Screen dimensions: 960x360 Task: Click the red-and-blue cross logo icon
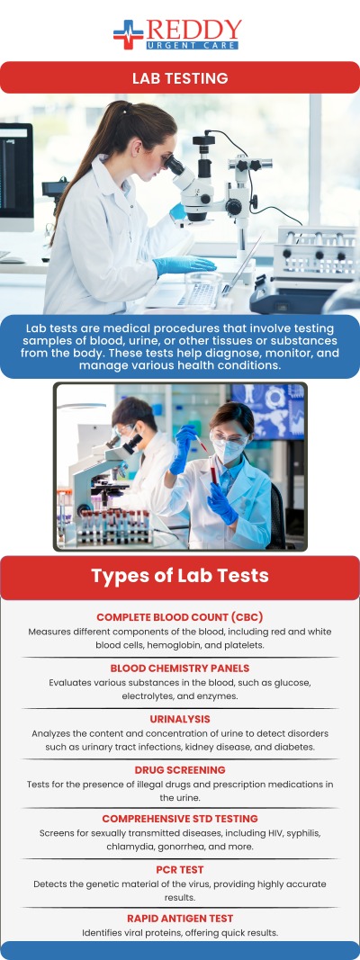coord(129,34)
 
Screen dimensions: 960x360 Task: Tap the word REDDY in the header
coord(193,29)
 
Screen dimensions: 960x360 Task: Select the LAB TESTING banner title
coord(180,78)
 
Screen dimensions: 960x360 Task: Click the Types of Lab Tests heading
coord(180,576)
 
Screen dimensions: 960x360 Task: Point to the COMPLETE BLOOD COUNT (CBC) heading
coord(180,617)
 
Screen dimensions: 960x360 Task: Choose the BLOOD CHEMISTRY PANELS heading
coord(180,668)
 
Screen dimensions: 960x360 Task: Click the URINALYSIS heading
coord(180,720)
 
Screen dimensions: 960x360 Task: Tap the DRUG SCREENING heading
coord(180,770)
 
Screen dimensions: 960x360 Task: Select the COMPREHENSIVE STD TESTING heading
coord(180,819)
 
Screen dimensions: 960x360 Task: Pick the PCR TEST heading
coord(180,870)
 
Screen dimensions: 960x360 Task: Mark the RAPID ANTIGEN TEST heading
coord(180,919)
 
